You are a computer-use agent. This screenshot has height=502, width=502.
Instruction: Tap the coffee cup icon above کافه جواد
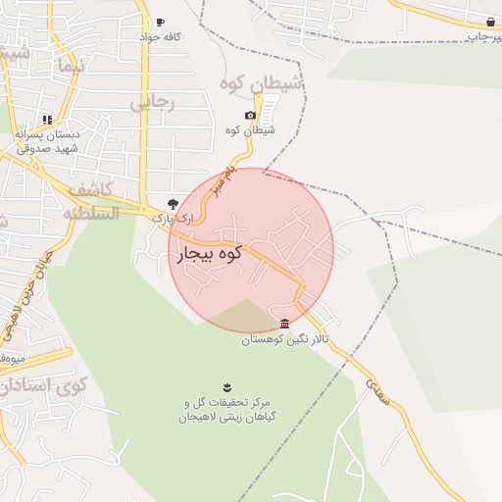(160, 22)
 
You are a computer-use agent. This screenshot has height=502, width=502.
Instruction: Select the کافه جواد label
(162, 37)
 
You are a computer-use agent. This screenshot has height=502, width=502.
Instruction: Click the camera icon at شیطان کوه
(250, 116)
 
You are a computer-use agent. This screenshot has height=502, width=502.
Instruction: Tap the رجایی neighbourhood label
(153, 101)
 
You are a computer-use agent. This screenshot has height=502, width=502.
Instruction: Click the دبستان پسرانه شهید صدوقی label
(47, 142)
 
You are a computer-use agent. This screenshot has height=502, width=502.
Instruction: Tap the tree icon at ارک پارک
(173, 203)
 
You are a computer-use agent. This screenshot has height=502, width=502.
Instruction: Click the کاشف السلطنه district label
(88, 201)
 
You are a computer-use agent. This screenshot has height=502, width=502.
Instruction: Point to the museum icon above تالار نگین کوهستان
(284, 325)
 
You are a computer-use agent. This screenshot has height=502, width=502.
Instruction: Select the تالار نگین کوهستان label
(286, 339)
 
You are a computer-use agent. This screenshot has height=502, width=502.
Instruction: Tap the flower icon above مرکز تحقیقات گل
(225, 383)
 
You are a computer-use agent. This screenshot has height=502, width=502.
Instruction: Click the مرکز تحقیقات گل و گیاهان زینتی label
(225, 410)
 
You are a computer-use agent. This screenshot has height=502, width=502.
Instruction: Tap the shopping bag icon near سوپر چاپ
(488, 22)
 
